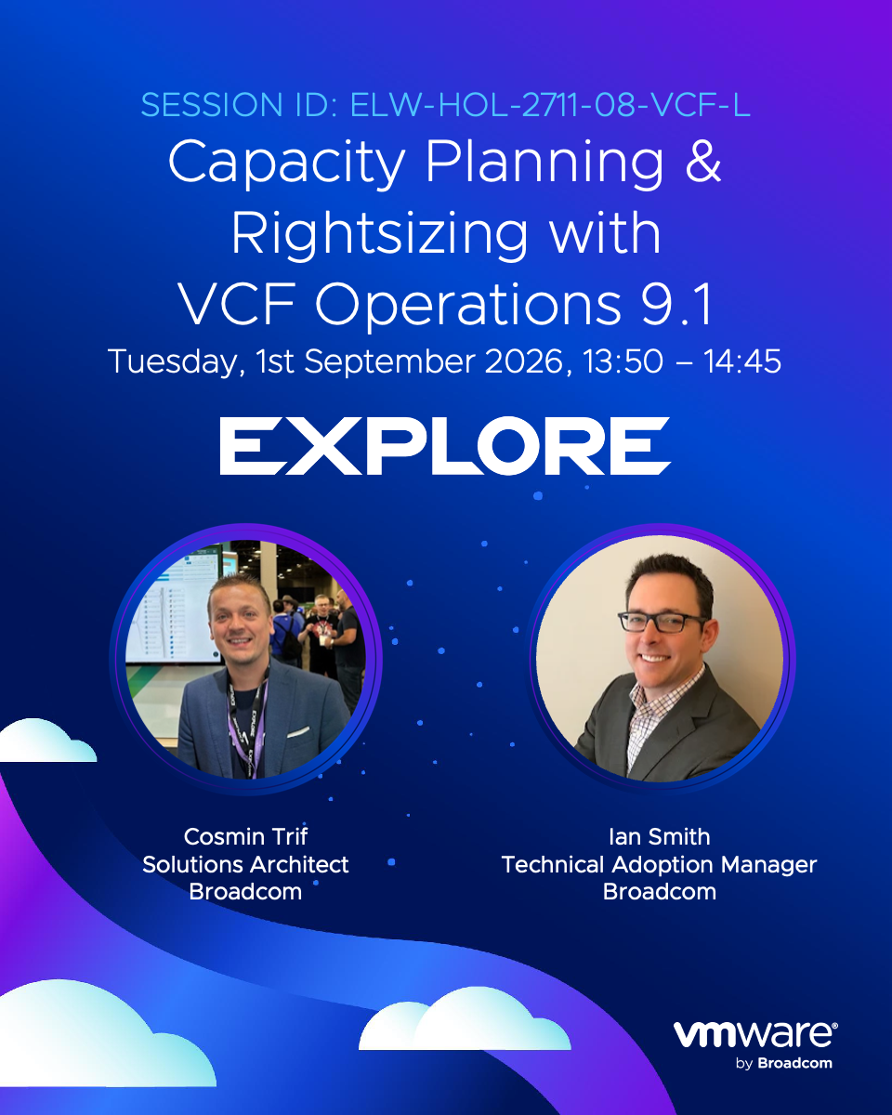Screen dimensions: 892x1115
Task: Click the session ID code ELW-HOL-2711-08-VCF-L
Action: (550, 105)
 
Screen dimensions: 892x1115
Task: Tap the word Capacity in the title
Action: (286, 163)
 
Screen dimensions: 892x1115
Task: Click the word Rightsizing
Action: (379, 236)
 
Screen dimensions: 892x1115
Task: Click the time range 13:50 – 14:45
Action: (682, 361)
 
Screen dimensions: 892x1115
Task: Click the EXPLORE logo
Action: (445, 446)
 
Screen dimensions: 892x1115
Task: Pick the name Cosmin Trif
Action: (245, 837)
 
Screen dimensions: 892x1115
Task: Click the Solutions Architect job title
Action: (245, 865)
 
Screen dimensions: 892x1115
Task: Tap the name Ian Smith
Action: (660, 837)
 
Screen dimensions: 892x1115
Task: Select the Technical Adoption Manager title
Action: (660, 865)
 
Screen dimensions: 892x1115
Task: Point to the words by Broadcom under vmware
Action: (783, 1063)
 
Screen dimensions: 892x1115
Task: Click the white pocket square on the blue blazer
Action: (298, 732)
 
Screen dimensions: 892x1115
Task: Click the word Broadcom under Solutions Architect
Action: (245, 892)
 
